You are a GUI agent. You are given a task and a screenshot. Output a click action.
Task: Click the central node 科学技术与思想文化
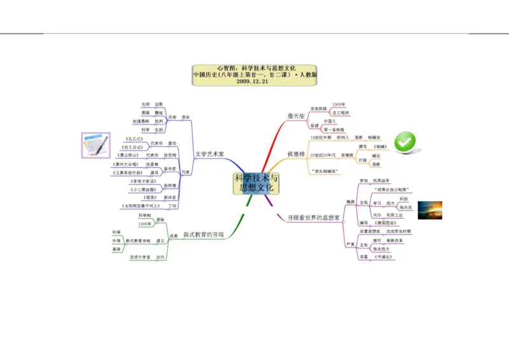coord(256,183)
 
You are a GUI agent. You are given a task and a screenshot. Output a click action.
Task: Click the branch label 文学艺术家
coord(210,154)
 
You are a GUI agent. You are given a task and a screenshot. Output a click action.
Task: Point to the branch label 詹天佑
coord(296,116)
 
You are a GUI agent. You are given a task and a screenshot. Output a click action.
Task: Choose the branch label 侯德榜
coord(296,154)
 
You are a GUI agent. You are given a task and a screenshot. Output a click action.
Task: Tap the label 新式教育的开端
coord(203,235)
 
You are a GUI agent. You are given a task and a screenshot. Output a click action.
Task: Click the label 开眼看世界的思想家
coord(313,218)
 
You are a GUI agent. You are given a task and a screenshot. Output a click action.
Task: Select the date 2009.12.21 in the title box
coord(254,81)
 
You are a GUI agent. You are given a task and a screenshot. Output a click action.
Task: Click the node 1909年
coord(339,104)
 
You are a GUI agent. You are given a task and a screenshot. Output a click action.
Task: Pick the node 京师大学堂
coord(140,257)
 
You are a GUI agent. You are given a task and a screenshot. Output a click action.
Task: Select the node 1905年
coord(145,224)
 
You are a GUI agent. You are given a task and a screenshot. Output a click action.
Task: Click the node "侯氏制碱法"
coord(323,171)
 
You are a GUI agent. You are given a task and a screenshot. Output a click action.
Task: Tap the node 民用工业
coord(394,215)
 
